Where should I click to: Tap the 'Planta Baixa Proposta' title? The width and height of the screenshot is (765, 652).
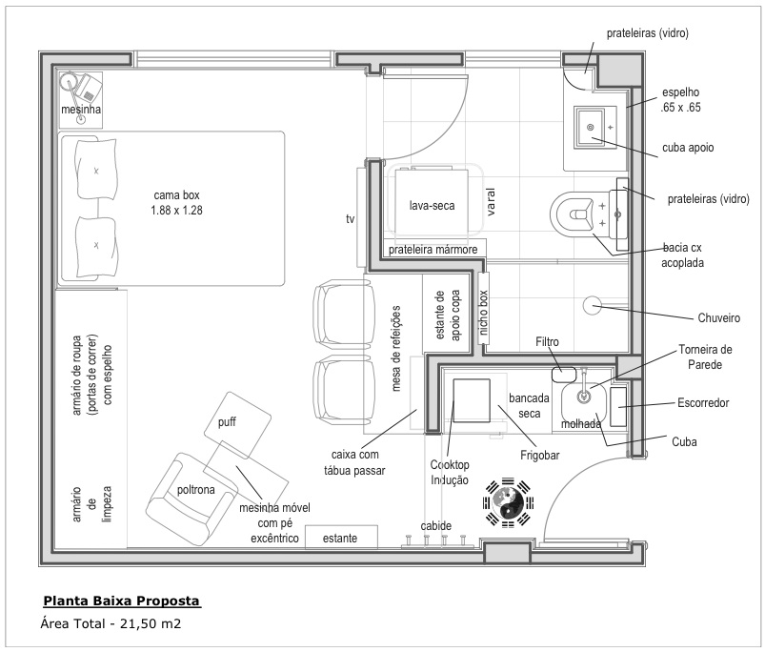click(x=122, y=602)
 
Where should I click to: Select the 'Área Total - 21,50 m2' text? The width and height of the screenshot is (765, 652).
click(x=111, y=625)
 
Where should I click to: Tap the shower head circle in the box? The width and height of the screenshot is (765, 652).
click(x=592, y=306)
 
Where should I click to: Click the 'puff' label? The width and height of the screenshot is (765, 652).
click(x=226, y=422)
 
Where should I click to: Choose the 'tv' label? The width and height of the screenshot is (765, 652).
click(x=351, y=218)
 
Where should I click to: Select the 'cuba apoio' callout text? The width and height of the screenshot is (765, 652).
click(x=688, y=149)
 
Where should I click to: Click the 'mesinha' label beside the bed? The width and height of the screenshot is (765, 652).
click(x=81, y=111)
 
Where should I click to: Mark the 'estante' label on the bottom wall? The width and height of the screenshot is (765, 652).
click(x=340, y=539)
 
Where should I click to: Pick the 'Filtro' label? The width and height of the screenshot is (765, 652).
click(x=547, y=341)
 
